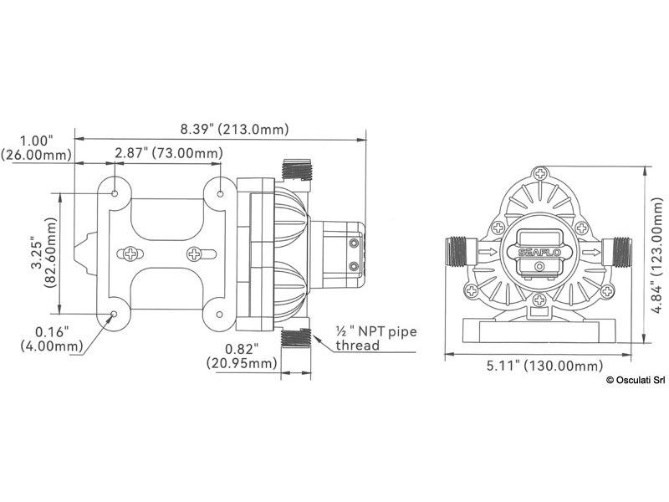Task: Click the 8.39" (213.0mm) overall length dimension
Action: click(x=234, y=129)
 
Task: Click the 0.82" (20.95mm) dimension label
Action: click(x=241, y=355)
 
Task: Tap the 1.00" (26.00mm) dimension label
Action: click(x=38, y=147)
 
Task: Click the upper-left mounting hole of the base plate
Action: click(x=115, y=192)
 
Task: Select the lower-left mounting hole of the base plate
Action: click(x=115, y=314)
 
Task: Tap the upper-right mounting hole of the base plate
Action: click(x=221, y=193)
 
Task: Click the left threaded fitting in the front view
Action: click(x=458, y=249)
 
